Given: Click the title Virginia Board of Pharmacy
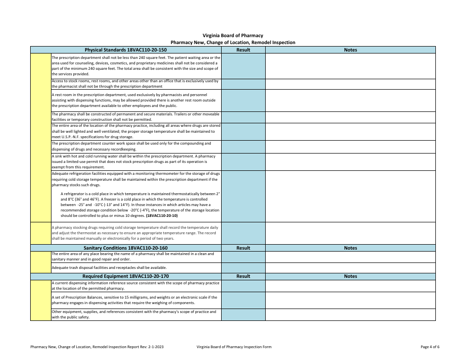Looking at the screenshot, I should pyautogui.click(x=233, y=36).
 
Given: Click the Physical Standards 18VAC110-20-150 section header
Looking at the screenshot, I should pyautogui.click(x=126, y=50).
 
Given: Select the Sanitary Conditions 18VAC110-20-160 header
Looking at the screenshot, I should pyautogui.click(x=126, y=248).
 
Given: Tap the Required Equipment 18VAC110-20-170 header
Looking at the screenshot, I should pyautogui.click(x=126, y=276).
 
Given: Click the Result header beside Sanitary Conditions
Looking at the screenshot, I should pyautogui.click(x=243, y=248).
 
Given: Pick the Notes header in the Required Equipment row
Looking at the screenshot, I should pyautogui.click(x=350, y=276).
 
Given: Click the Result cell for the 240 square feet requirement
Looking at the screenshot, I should pyautogui.click(x=243, y=66).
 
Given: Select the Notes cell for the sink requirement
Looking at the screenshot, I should pyautogui.click(x=350, y=162).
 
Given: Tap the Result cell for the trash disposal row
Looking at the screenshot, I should pyautogui.click(x=243, y=268).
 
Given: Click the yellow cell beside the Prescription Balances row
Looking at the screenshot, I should pyautogui.click(x=41, y=300).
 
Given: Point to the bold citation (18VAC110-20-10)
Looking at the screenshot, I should pyautogui.click(x=159, y=216).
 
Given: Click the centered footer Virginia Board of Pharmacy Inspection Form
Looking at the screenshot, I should pyautogui.click(x=234, y=347).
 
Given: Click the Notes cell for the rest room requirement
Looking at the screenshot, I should pyautogui.click(x=350, y=101).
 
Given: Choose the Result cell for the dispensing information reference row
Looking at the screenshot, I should pyautogui.click(x=243, y=286).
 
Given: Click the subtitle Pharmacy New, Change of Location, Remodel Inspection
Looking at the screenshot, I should pyautogui.click(x=233, y=43).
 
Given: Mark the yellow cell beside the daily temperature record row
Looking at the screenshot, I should pyautogui.click(x=41, y=233).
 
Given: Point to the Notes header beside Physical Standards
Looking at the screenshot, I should pyautogui.click(x=350, y=50).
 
